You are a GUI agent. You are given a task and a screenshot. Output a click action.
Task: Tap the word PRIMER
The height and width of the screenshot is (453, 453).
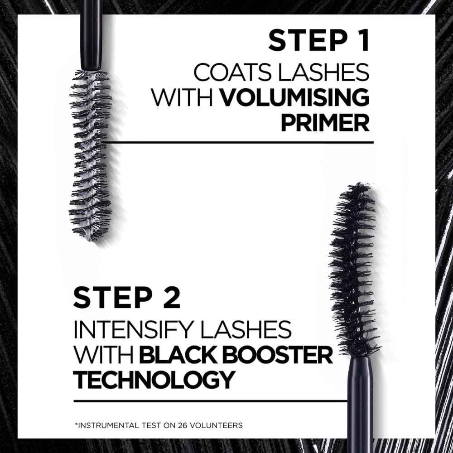[x=324, y=123]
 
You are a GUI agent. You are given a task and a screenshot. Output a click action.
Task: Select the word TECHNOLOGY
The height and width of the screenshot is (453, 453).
[x=154, y=380]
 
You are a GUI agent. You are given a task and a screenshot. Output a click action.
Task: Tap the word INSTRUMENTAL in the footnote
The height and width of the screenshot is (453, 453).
[x=102, y=425]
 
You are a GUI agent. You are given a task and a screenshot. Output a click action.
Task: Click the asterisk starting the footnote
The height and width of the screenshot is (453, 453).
[x=75, y=424]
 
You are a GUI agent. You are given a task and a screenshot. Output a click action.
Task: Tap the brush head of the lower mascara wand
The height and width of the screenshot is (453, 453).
[x=355, y=267]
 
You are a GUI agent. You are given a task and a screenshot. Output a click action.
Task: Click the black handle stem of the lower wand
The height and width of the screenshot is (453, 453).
[x=361, y=403]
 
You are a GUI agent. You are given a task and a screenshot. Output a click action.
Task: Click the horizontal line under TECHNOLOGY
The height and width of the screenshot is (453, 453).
[x=208, y=401]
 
